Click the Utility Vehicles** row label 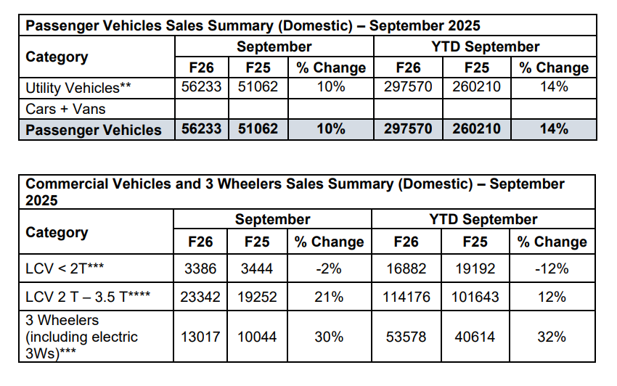click(79, 88)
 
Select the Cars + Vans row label click(66, 109)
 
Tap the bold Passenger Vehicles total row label click(94, 130)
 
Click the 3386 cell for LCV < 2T click(200, 269)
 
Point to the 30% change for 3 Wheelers click(330, 337)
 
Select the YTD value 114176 click(406, 297)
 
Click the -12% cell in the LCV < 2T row click(552, 269)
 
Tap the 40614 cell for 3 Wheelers click(475, 337)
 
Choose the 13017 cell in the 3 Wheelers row click(200, 337)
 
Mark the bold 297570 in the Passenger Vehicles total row click(408, 130)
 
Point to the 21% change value click(330, 297)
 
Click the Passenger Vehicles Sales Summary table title click(253, 26)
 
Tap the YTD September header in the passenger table click(485, 47)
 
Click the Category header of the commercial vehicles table click(57, 232)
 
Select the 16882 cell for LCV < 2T click(406, 269)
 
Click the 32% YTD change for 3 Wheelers click(552, 337)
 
